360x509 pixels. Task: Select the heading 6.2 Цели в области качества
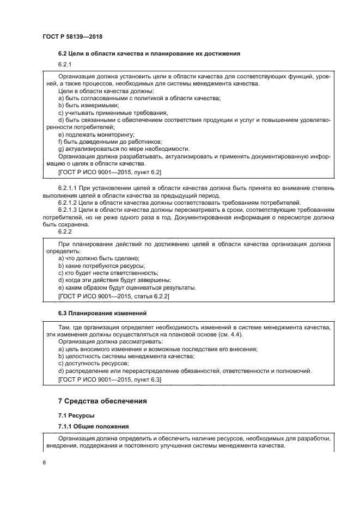pyautogui.click(x=149, y=53)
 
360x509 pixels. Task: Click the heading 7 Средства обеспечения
pyautogui.click(x=102, y=402)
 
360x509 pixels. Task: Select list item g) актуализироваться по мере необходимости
pyautogui.click(x=124, y=149)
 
